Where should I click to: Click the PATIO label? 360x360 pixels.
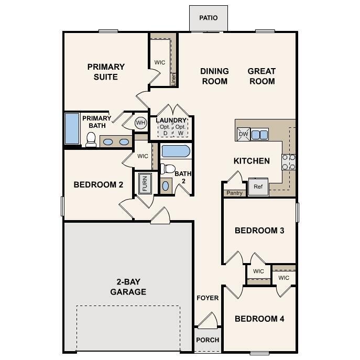click(x=208, y=18)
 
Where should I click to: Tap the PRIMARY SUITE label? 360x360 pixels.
click(x=106, y=72)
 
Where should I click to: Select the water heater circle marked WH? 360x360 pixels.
click(x=140, y=123)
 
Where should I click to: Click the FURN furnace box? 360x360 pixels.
click(x=144, y=183)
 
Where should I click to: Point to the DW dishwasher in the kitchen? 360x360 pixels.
click(x=243, y=134)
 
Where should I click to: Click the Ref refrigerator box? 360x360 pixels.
click(x=258, y=187)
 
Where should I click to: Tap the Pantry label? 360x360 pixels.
click(x=234, y=193)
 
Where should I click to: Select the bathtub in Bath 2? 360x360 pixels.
click(x=175, y=152)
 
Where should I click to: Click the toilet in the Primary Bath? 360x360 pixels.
click(x=91, y=139)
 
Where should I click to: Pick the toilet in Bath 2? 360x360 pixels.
click(x=168, y=169)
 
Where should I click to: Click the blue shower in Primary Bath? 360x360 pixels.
click(x=72, y=128)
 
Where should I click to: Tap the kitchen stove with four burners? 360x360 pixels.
click(x=289, y=161)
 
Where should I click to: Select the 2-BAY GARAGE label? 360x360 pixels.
click(x=128, y=287)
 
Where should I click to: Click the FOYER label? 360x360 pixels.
click(x=208, y=298)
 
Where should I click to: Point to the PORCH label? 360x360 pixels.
click(x=208, y=340)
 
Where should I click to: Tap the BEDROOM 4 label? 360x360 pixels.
click(x=259, y=319)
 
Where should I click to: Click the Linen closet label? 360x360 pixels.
click(x=173, y=79)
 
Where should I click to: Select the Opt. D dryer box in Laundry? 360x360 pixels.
click(x=165, y=130)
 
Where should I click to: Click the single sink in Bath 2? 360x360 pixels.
click(x=166, y=186)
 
